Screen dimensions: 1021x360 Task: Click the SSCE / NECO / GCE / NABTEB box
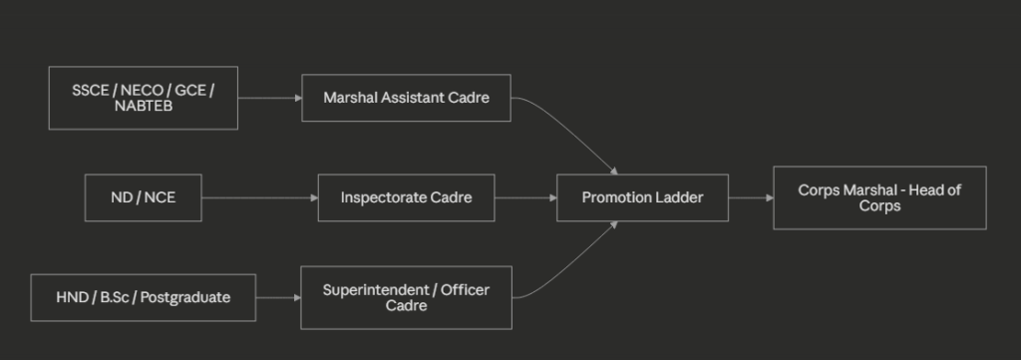[144, 98]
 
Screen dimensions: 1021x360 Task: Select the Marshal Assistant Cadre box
[407, 98]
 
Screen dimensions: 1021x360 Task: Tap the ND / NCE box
[144, 197]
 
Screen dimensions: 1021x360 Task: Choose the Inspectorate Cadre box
[407, 197]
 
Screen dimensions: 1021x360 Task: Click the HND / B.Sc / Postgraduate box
[144, 297]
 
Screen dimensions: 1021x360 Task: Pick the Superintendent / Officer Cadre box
[407, 297]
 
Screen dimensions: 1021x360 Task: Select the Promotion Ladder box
[643, 197]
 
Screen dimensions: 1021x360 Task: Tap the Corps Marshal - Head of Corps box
[879, 197]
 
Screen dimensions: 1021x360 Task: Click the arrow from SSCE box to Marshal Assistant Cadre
[269, 99]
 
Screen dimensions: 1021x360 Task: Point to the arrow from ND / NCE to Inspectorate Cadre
[260, 197]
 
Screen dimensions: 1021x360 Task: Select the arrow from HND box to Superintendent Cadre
[278, 297]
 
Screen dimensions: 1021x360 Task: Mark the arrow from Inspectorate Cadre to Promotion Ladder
[525, 197]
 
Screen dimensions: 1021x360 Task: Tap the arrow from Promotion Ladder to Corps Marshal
[751, 197]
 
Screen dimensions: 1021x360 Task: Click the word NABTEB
[144, 106]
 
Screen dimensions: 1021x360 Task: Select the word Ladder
[682, 197]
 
